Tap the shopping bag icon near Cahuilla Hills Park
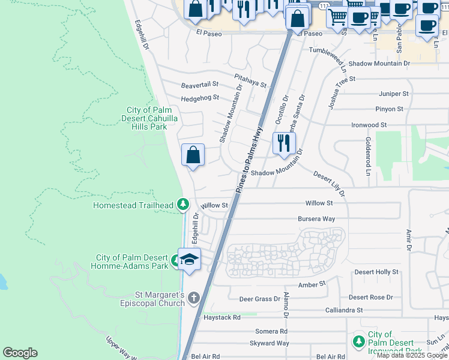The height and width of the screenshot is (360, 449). (193, 155)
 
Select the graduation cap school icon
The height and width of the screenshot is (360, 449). (189, 260)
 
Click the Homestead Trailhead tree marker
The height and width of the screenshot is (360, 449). (183, 205)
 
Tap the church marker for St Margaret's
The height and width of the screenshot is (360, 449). (193, 298)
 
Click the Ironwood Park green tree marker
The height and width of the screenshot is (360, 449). (358, 341)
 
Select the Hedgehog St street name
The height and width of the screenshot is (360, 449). (200, 98)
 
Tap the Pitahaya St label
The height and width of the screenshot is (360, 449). (250, 80)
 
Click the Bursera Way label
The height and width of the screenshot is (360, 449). (316, 219)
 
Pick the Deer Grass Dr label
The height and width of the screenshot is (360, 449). (260, 298)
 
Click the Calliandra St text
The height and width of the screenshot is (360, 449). (343, 310)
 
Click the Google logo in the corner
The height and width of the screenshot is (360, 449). (20, 353)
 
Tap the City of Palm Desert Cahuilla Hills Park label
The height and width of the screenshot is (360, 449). (146, 118)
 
